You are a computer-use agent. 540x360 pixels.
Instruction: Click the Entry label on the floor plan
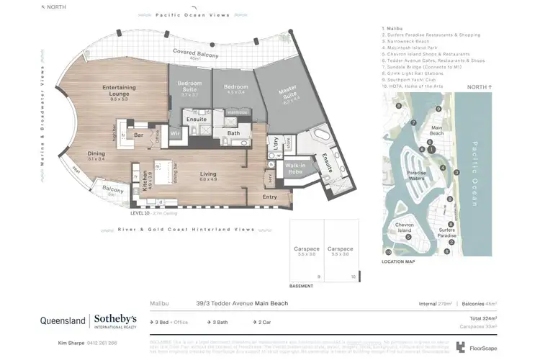(269, 197)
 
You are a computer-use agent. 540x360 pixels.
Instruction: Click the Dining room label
(96, 153)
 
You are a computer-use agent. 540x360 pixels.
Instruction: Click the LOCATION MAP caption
(398, 261)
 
